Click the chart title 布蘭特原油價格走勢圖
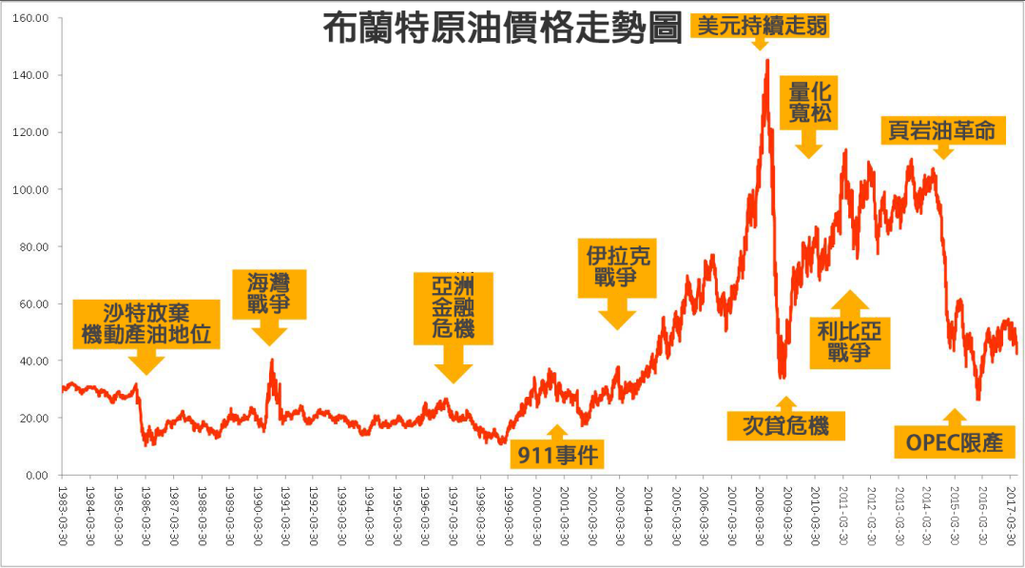[x=502, y=29]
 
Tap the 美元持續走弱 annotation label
[x=760, y=26]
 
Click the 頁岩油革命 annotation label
[x=941, y=130]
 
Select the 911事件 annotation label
[x=557, y=455]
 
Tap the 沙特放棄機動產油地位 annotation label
[x=145, y=324]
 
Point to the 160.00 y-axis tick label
[x=32, y=18]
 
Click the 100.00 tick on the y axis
[x=32, y=189]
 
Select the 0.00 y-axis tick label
[x=38, y=475]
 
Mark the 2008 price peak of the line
[x=766, y=60]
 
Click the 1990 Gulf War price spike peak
[x=272, y=360]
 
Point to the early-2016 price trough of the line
[x=978, y=400]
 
